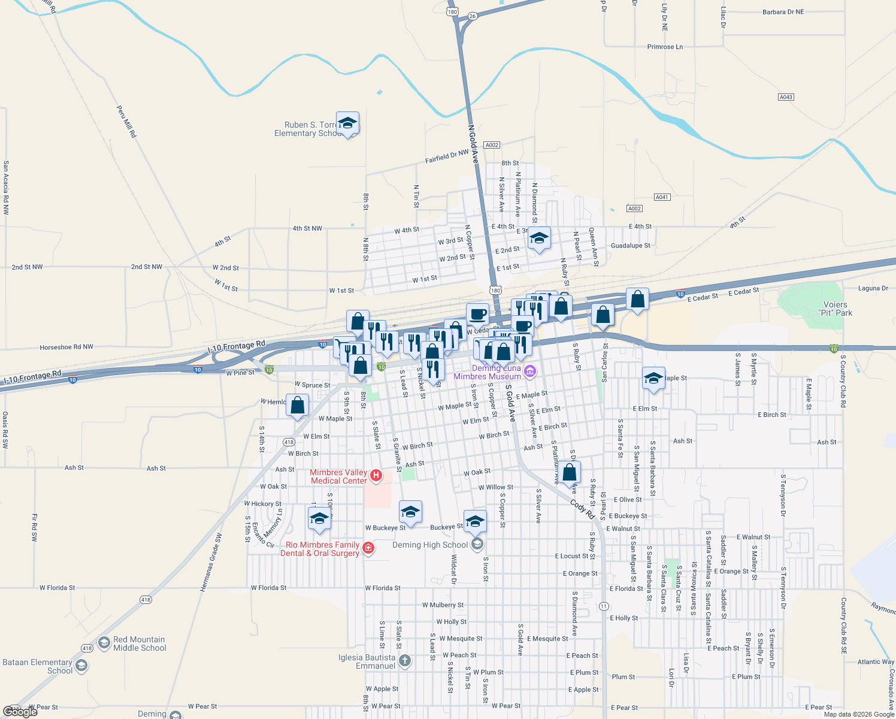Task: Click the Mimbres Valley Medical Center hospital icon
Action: [376, 476]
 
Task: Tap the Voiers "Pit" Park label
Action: [835, 309]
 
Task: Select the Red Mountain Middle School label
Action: [139, 644]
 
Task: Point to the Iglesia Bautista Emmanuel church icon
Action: [405, 661]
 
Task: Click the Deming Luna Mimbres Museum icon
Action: [529, 372]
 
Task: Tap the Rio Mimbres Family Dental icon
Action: [368, 548]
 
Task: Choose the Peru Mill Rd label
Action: [126, 122]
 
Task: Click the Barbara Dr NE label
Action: [783, 12]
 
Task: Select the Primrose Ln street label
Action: [665, 47]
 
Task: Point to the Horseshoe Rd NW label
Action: [66, 347]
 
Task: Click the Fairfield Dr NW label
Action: [447, 156]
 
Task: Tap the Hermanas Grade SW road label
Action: [210, 562]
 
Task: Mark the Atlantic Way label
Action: [876, 662]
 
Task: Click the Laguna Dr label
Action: [873, 288]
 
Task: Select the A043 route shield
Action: [786, 97]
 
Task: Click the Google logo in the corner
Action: [20, 712]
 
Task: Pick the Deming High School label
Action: [430, 545]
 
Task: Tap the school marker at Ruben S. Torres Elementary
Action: [347, 123]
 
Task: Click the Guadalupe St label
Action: [630, 246]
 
